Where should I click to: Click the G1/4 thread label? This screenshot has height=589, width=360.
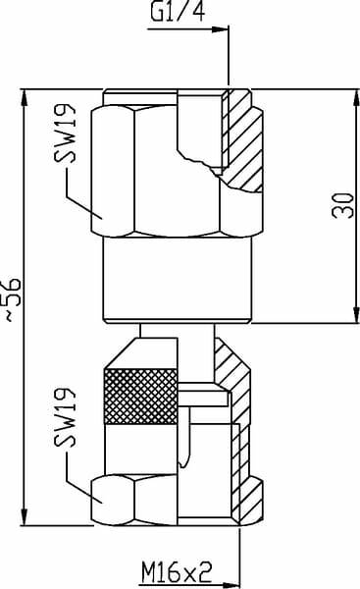[178, 11]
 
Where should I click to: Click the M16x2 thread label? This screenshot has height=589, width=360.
[177, 572]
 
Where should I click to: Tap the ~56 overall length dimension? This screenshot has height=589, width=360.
[13, 299]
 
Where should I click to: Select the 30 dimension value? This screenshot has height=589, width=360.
[343, 205]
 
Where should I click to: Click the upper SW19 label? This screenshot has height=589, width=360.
[65, 133]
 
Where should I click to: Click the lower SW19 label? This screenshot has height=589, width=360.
[65, 417]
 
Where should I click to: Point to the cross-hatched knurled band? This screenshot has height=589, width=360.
[141, 397]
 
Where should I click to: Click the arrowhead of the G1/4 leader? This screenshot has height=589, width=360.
[221, 29]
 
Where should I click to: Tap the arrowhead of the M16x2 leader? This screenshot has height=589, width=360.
[231, 585]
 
